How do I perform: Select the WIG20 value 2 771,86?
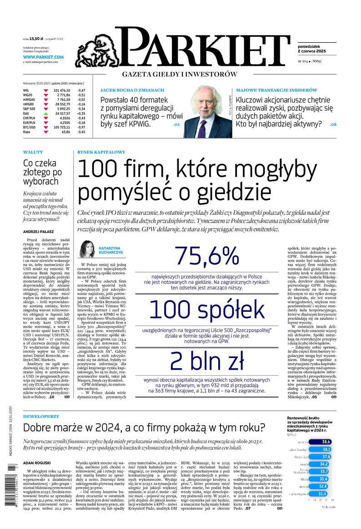click(61, 95)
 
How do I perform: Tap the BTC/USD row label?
click(30, 127)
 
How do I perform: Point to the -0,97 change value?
click(81, 127)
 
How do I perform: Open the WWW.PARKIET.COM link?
click(43, 57)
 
